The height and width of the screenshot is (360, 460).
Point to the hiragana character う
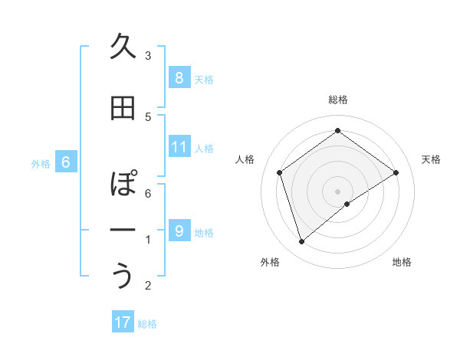[x=123, y=276]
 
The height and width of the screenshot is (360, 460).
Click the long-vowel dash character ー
[x=123, y=230]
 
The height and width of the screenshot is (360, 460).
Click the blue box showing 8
[x=179, y=77]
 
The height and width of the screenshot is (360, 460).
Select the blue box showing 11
[x=179, y=147]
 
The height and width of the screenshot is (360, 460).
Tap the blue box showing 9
[x=179, y=231]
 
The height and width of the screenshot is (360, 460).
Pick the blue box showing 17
[x=123, y=322]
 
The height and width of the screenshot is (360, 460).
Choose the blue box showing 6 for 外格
[x=66, y=162]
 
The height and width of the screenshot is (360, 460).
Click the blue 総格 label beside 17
[x=148, y=324]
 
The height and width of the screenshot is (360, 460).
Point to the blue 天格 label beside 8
[x=204, y=79]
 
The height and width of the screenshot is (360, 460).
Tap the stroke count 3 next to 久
[x=148, y=56]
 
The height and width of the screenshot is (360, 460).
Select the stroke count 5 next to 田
[x=148, y=116]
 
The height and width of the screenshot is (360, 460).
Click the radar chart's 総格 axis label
[x=338, y=100]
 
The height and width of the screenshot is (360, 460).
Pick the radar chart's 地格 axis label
[x=402, y=262]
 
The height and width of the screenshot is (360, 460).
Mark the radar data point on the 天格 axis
[x=396, y=172]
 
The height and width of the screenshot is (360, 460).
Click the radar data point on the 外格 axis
[x=302, y=242]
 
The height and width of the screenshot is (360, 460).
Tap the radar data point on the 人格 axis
[x=279, y=172]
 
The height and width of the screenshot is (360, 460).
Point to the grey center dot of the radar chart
[x=338, y=191]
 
